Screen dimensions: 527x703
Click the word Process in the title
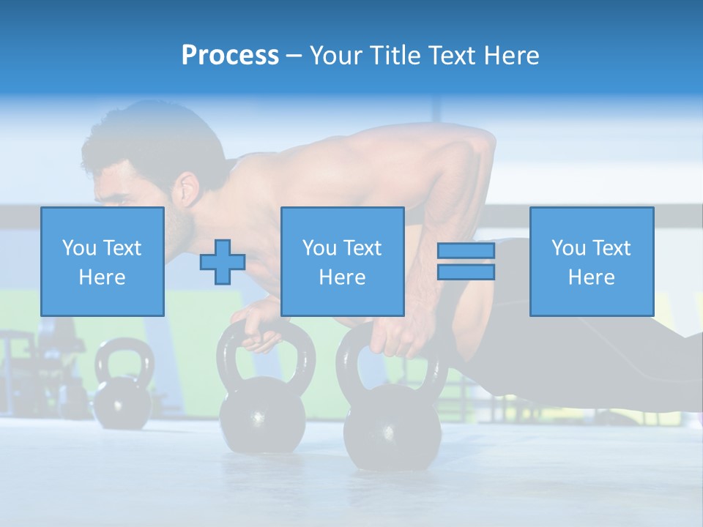[230, 55]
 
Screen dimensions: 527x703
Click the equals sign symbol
[466, 261]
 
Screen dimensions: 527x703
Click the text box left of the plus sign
[103, 261]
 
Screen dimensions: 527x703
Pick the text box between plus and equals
[342, 261]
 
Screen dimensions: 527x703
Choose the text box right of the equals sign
[591, 261]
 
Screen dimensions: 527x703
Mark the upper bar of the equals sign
[466, 251]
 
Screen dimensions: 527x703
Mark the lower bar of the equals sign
[466, 272]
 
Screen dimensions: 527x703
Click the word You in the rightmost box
[568, 248]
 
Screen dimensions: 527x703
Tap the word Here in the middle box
[342, 277]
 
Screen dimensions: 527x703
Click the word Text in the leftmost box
[122, 248]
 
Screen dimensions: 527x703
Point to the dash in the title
[294, 56]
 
